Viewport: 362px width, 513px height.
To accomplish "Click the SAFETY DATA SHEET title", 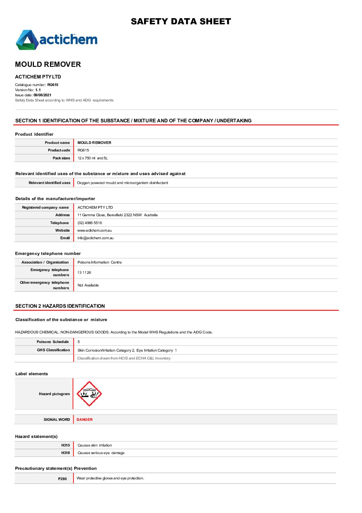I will [181, 22].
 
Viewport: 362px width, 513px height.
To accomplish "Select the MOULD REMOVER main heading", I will [48, 64].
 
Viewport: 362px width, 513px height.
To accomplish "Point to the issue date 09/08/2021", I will [42, 95].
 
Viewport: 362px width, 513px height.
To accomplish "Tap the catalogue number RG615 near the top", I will [53, 85].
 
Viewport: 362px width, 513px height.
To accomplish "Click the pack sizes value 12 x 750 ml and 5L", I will [92, 158].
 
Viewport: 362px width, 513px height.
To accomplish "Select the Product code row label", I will [59, 150].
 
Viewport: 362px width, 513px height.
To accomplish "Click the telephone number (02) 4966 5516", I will [90, 223].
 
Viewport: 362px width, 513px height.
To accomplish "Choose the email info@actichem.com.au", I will [95, 238].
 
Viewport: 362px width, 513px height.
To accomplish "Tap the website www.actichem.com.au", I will [94, 231].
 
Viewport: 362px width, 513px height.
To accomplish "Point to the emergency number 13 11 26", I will [84, 273].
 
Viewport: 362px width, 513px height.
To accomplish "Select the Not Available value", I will [88, 285].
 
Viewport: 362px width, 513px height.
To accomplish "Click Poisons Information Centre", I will [100, 262].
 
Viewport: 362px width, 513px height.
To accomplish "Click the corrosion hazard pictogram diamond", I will [89, 394].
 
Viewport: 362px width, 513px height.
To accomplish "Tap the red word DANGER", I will [85, 420].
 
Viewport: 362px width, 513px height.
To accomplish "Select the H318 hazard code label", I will [65, 453].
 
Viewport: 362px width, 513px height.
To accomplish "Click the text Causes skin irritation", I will [95, 445].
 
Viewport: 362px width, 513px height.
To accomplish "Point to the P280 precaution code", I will [62, 479].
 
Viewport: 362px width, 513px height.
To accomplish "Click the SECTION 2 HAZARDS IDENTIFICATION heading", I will [60, 306].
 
